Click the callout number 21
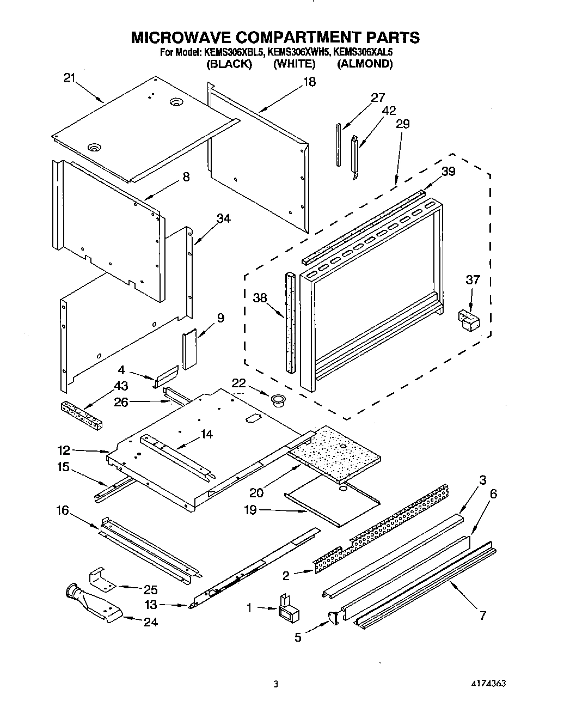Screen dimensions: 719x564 point(69,78)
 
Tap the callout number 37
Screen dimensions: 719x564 point(473,280)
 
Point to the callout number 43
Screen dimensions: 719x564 point(121,386)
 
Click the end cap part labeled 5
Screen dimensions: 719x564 point(333,617)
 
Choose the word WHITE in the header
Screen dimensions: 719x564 point(294,64)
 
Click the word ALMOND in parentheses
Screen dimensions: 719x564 point(364,64)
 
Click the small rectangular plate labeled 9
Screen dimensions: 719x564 point(189,349)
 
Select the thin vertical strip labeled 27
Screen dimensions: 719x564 point(339,145)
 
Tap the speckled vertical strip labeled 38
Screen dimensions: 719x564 point(289,321)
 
